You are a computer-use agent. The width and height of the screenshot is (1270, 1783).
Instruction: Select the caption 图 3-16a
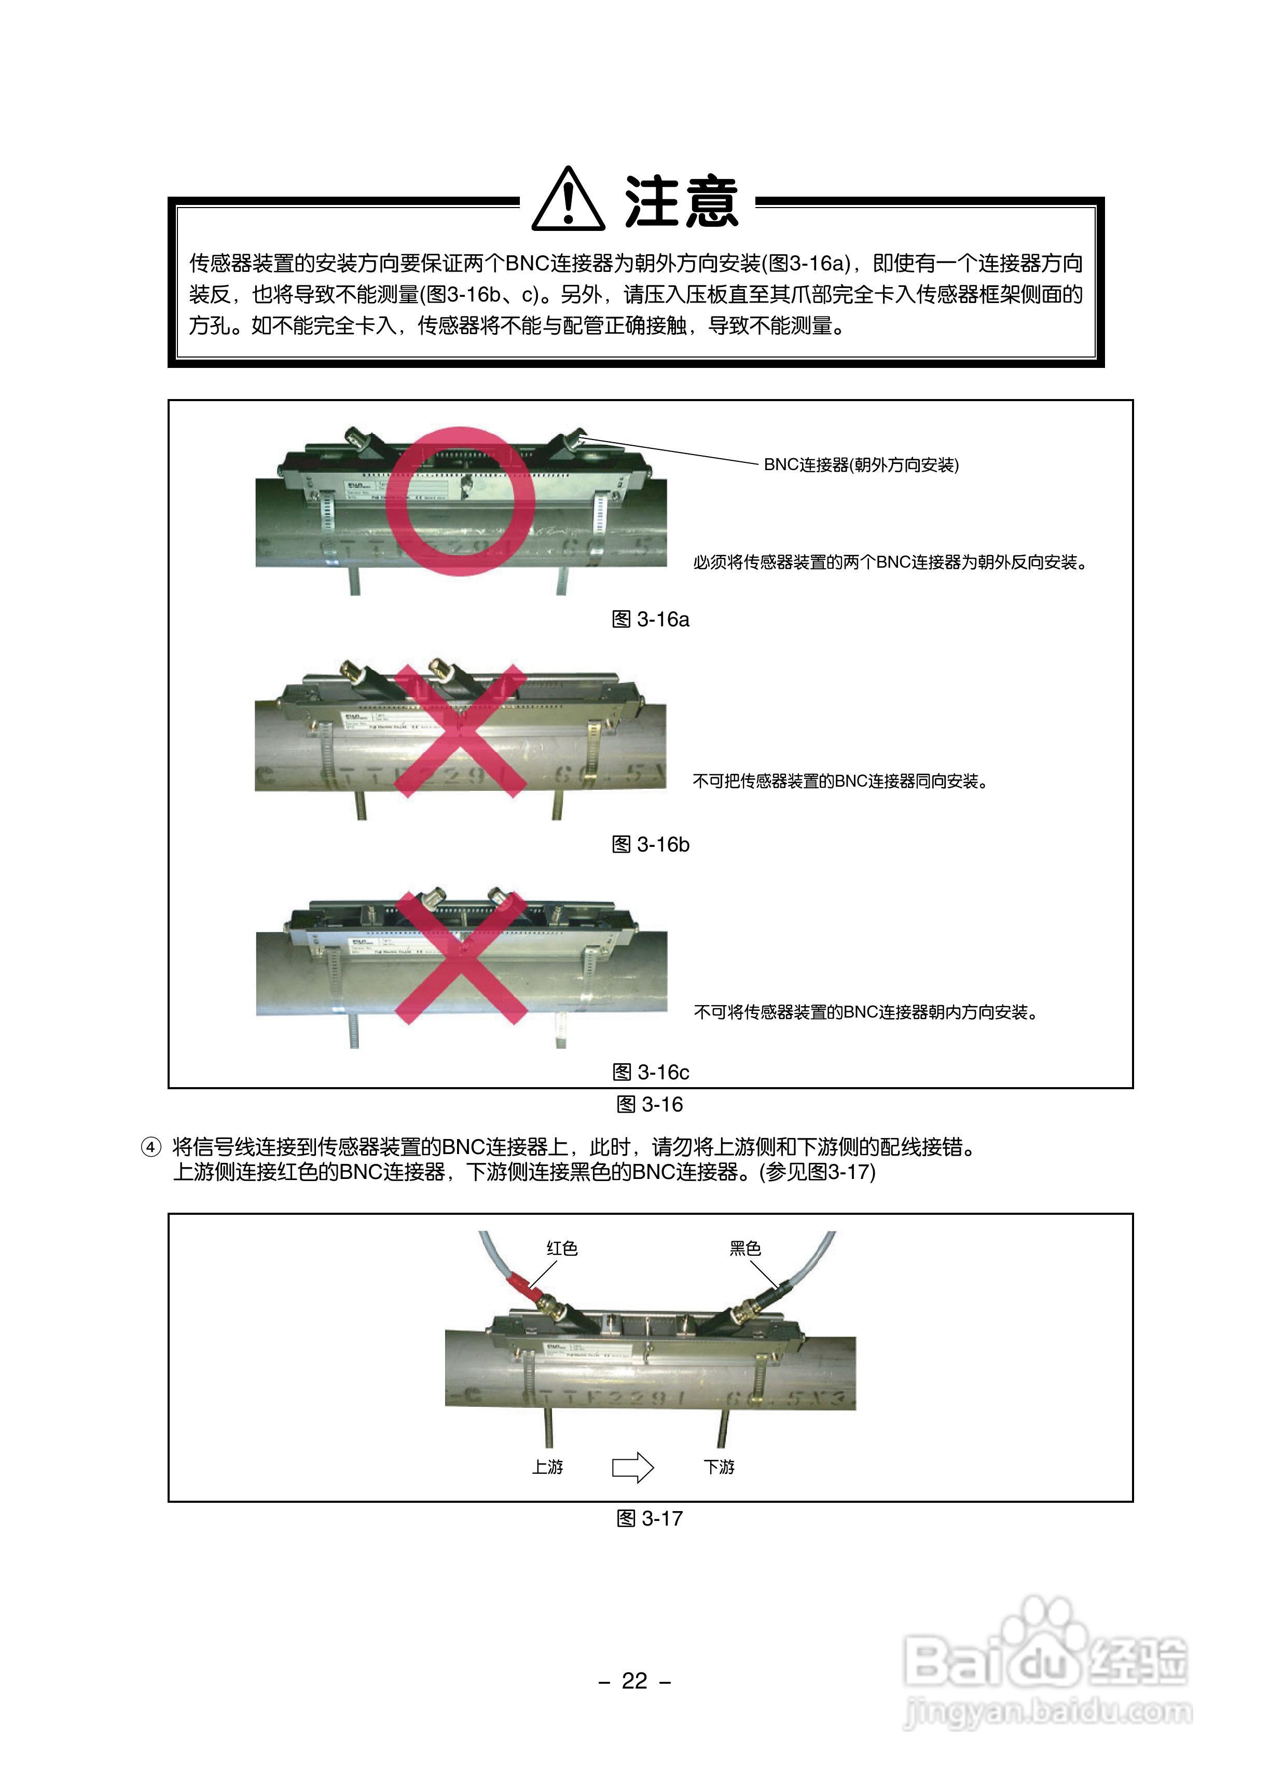click(650, 620)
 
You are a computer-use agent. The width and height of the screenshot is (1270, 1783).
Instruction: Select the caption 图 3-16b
click(650, 845)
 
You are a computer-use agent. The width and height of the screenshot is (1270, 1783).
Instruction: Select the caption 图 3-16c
click(650, 1072)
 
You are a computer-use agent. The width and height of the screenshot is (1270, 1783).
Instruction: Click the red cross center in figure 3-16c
click(461, 958)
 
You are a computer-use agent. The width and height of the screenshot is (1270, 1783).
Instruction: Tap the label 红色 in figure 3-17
click(561, 1248)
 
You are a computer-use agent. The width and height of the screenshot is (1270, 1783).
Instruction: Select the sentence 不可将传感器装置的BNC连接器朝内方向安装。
click(866, 1012)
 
